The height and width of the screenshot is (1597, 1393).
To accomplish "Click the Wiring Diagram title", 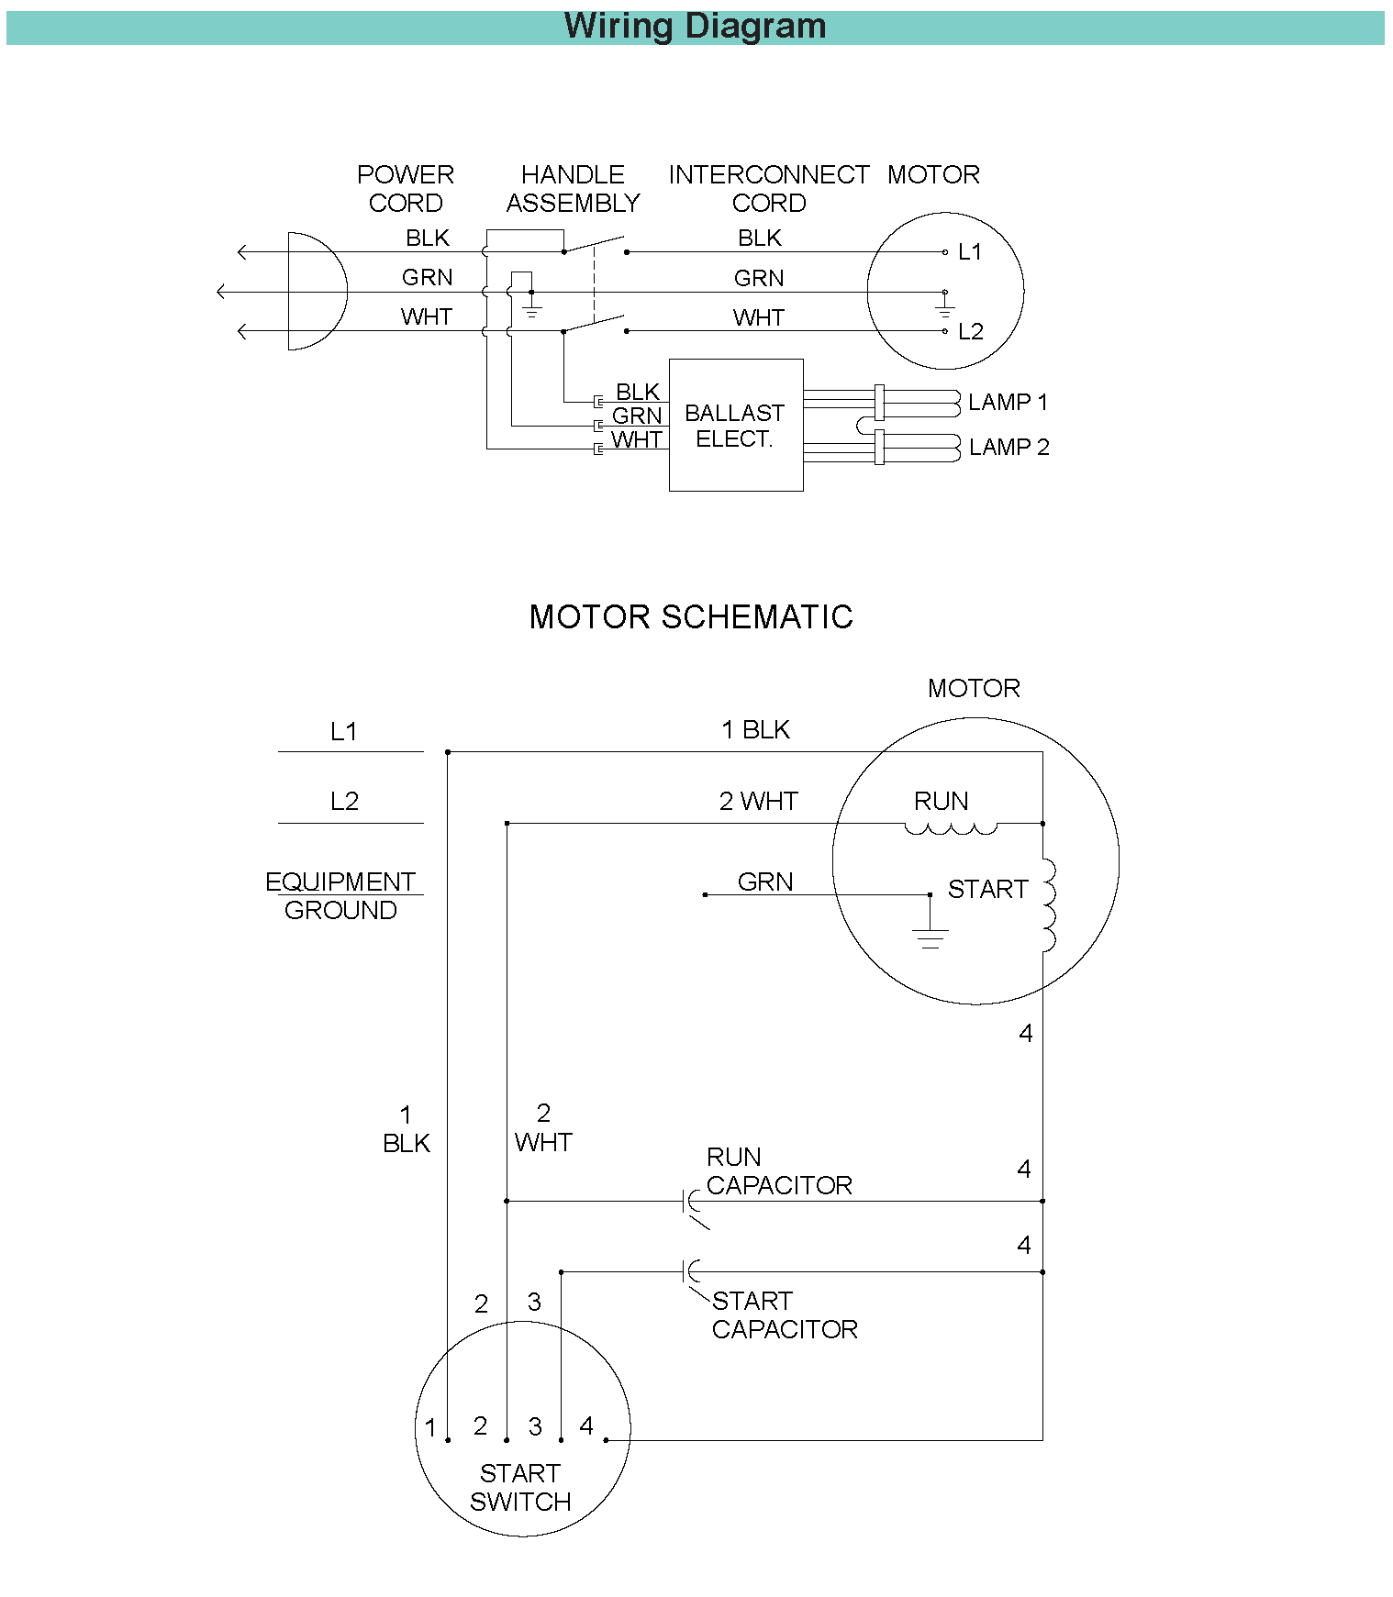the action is click(695, 26).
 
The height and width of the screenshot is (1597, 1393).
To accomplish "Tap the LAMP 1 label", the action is click(1008, 402).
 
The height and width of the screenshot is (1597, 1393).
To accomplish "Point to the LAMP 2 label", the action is click(1009, 447).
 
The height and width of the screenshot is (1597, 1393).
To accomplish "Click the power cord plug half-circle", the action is click(346, 291).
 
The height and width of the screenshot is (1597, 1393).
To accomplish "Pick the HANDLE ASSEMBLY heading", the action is click(573, 188).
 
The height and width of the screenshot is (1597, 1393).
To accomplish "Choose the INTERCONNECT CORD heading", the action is click(769, 188).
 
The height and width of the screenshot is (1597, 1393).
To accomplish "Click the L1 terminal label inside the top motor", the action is click(970, 251).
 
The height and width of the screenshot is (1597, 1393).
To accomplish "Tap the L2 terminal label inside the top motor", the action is click(971, 331).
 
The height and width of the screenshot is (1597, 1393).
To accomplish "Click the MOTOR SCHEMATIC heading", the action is click(691, 616).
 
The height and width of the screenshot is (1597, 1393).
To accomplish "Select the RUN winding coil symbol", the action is click(951, 828).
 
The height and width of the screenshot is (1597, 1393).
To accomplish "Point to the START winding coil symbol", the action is click(1049, 905).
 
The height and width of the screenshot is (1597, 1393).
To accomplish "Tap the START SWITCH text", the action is click(520, 1487).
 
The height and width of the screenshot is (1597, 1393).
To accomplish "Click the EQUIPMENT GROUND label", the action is click(340, 895).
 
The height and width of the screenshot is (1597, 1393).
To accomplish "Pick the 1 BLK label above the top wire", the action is click(755, 729).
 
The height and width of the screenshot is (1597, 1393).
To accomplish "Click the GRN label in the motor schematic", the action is click(765, 882).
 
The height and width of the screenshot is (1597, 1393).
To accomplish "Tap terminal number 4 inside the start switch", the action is click(586, 1425).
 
